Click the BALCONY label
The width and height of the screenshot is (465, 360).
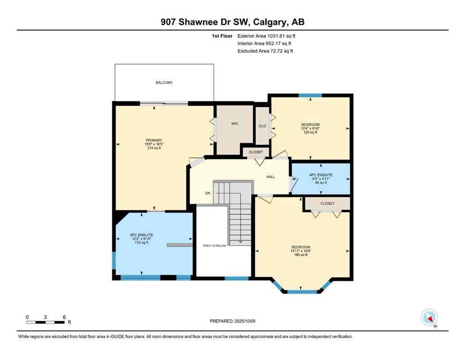click(x=164, y=83)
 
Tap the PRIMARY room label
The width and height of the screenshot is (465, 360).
click(x=154, y=140)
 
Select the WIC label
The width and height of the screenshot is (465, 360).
click(x=235, y=124)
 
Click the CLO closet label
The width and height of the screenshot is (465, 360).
click(x=262, y=126)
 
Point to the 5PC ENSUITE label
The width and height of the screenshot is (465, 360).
click(x=141, y=235)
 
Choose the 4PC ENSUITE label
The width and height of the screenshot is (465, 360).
click(x=320, y=175)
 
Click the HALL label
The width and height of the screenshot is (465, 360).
click(x=271, y=177)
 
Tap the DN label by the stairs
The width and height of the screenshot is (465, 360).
click(x=207, y=193)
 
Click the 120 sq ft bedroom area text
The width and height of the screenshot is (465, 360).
click(x=310, y=133)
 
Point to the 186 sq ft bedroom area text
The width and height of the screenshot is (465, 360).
click(x=301, y=255)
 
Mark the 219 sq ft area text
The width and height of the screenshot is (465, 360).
click(x=154, y=148)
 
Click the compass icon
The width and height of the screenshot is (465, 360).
click(x=429, y=317)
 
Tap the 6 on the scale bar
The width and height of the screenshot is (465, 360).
click(x=63, y=316)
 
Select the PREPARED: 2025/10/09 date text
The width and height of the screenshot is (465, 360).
click(x=232, y=321)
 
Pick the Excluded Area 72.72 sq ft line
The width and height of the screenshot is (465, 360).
click(x=265, y=51)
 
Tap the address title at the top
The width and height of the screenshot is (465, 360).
click(x=232, y=22)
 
